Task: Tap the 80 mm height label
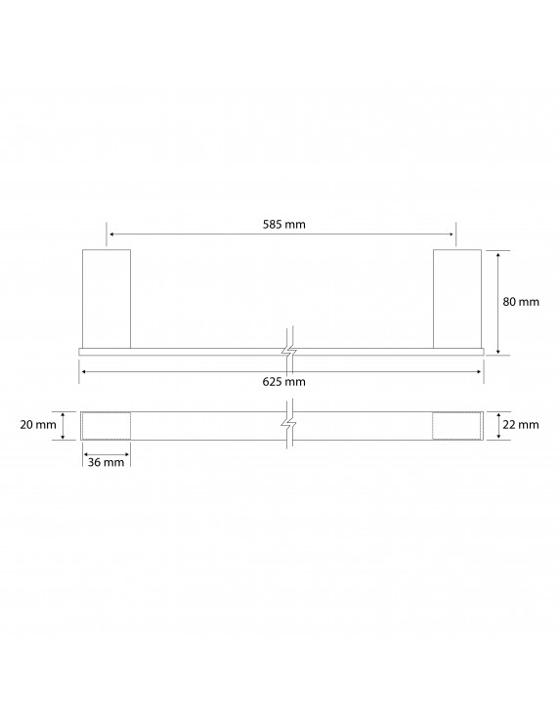(521, 302)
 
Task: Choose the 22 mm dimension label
(521, 425)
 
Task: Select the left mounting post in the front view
(106, 298)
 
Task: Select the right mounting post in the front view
(457, 298)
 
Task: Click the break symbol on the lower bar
(288, 426)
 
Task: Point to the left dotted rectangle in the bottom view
(106, 426)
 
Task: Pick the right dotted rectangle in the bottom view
(457, 426)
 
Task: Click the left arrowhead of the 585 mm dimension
(111, 234)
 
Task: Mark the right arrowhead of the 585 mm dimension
(451, 234)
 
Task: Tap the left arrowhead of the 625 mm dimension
(83, 371)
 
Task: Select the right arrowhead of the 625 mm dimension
(479, 371)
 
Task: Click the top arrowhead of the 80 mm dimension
(499, 254)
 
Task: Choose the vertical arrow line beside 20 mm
(64, 426)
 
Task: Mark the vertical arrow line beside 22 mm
(499, 426)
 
